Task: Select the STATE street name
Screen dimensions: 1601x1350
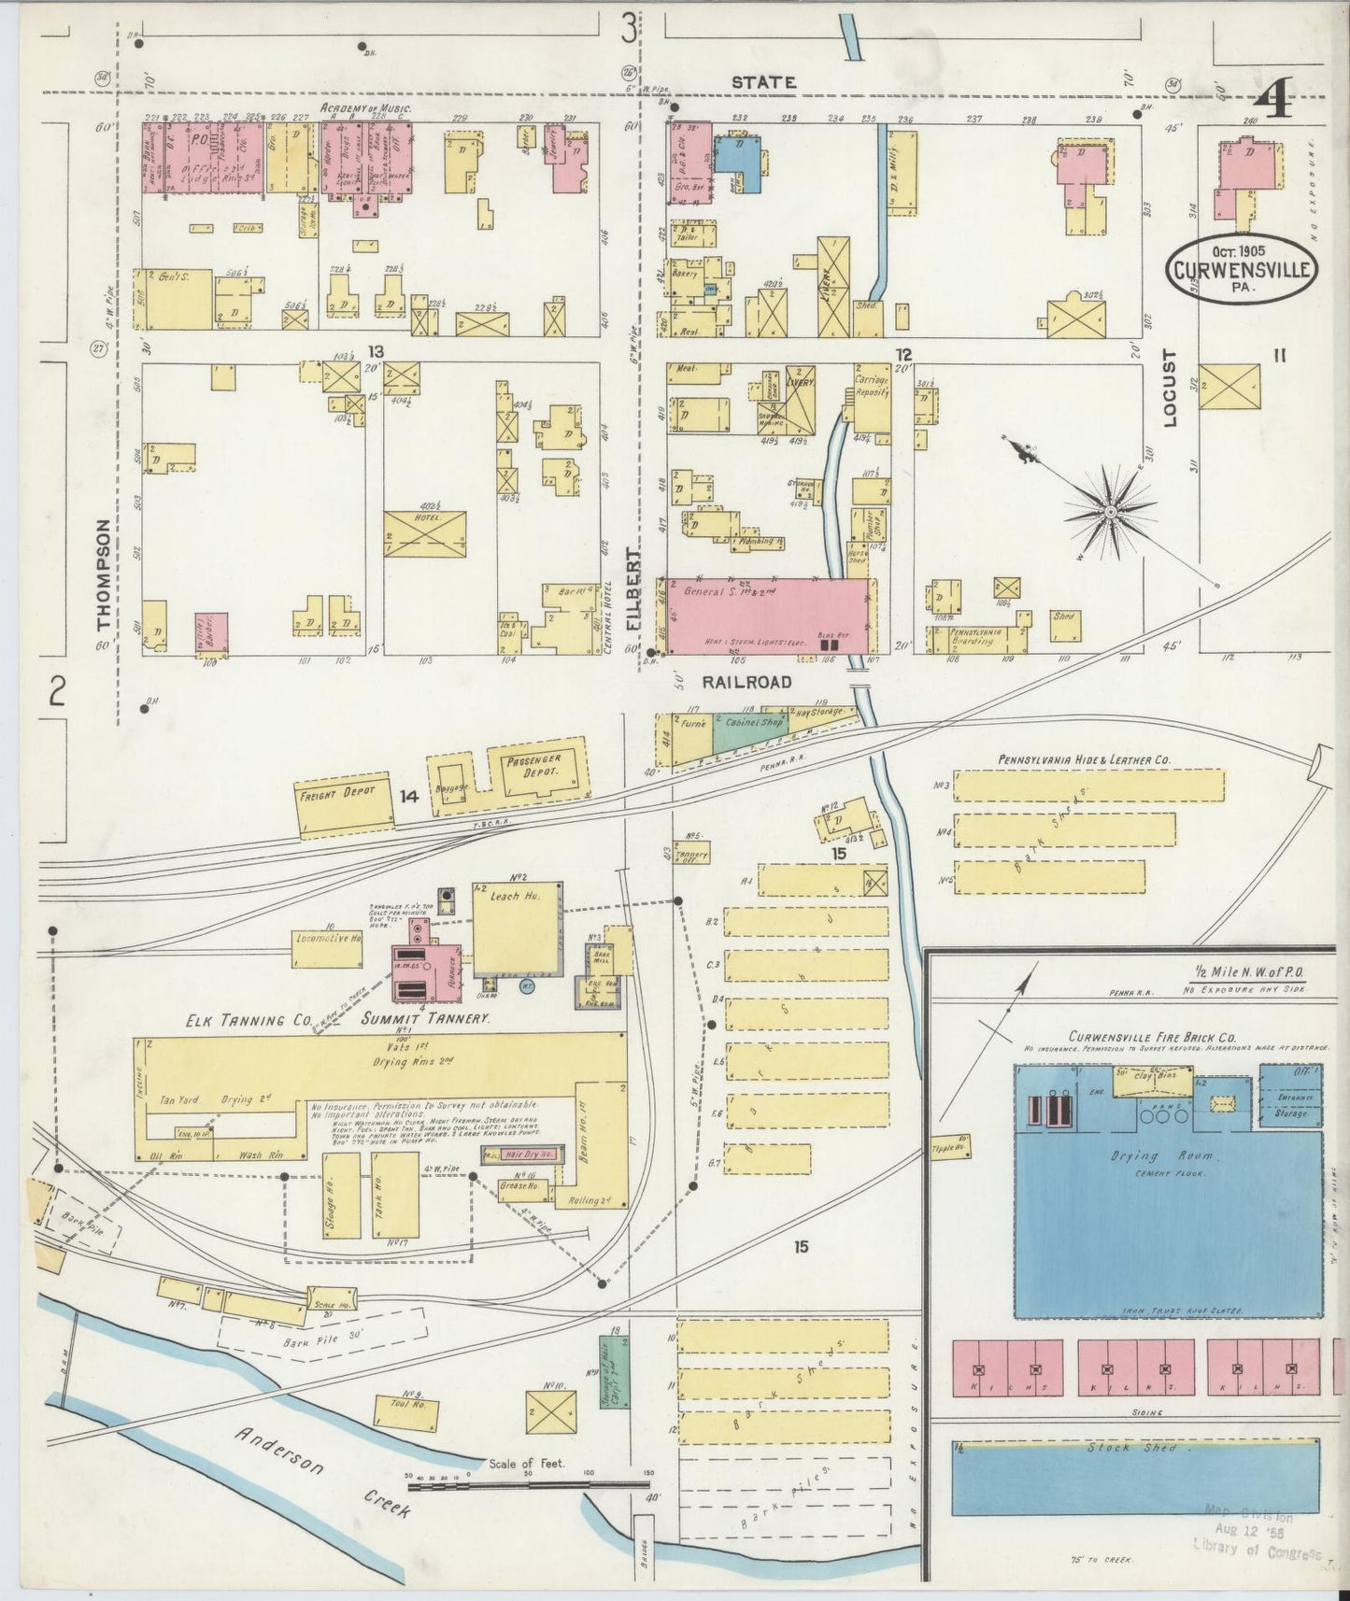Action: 763,82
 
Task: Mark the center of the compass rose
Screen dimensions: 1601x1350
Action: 1110,512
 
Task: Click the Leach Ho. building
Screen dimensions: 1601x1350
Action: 517,928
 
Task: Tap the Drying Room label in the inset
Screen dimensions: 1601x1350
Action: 1148,1156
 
